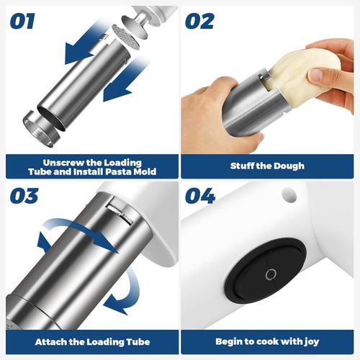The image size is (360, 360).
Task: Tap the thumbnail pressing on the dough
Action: pyautogui.click(x=319, y=75)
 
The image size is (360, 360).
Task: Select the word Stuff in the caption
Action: pyautogui.click(x=243, y=166)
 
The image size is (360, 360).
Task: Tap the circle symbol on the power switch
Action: pyautogui.click(x=271, y=274)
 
